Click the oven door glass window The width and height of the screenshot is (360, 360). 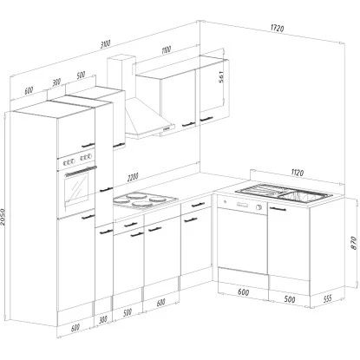pyautogui.click(x=77, y=185)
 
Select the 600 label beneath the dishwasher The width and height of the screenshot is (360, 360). pyautogui.click(x=244, y=291)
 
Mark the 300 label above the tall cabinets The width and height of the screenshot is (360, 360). pyautogui.click(x=56, y=82)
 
